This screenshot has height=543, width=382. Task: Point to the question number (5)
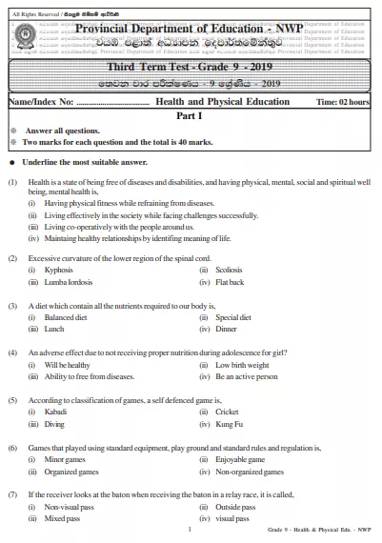click(12, 400)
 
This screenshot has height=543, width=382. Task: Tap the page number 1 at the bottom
click(191, 531)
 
